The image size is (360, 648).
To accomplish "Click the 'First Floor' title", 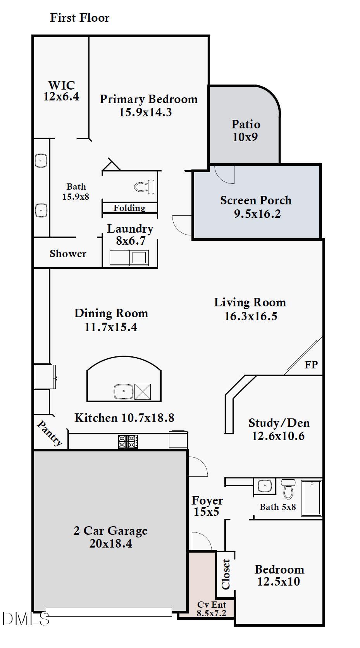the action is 80,18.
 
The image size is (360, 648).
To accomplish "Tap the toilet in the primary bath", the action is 144,187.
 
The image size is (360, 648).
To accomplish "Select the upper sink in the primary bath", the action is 41,161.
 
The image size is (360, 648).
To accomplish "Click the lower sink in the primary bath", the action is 41,210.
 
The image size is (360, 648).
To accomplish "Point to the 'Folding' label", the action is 129,208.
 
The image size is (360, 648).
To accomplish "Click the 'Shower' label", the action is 68,254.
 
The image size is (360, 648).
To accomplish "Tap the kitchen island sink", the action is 124,391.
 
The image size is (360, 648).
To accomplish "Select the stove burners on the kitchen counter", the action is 128,441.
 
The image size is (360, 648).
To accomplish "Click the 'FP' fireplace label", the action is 311,365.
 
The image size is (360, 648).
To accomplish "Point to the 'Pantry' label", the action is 50,433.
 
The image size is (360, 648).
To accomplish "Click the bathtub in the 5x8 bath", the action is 312,498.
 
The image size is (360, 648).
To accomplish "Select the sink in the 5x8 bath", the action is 265,486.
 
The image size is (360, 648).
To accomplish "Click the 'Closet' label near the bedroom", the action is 226,574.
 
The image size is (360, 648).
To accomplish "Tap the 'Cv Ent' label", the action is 212,605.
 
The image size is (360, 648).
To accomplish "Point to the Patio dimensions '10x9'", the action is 245,137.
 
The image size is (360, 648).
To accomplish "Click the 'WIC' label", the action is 61,85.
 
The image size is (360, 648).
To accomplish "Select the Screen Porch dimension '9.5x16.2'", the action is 257,214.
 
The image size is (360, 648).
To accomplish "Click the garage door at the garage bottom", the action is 109,612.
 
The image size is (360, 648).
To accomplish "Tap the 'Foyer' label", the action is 207,501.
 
